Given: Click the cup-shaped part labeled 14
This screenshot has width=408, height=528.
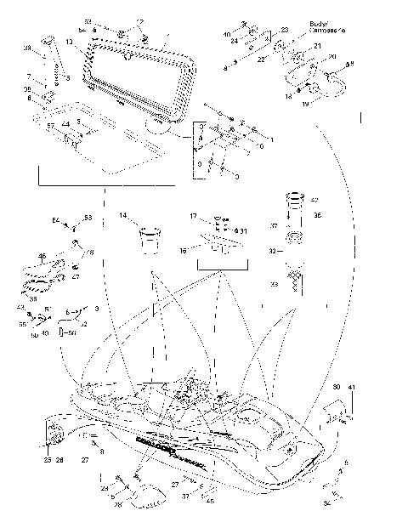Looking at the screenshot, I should point(150,236).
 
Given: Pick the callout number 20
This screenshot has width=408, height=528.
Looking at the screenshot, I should point(332,57).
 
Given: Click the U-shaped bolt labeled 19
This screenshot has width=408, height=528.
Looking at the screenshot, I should point(326,85).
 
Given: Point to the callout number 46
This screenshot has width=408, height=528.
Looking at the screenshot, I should point(42,256).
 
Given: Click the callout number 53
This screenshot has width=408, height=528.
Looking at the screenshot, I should point(87,219).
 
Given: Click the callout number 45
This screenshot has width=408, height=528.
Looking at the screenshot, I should point(211,500).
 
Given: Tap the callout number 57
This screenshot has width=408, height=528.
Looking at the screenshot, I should point(51,126).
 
